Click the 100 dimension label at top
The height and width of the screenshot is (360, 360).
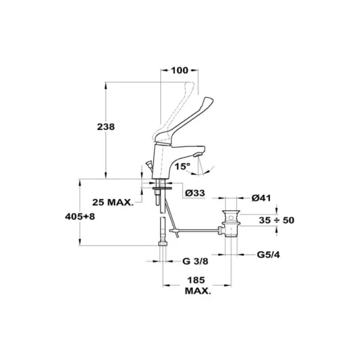click(x=179, y=70)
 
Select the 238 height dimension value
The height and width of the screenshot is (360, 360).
click(x=106, y=127)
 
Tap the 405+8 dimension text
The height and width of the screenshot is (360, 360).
click(x=80, y=217)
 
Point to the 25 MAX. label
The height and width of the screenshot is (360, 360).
click(x=113, y=202)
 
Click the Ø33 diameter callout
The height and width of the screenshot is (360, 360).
click(x=195, y=193)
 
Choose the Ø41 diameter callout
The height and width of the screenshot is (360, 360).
click(x=261, y=198)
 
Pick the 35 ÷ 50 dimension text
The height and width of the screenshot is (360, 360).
click(x=276, y=220)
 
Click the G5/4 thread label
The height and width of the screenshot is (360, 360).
click(x=269, y=255)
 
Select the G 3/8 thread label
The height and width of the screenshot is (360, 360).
click(x=195, y=261)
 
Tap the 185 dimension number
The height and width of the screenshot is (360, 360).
click(x=196, y=280)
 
